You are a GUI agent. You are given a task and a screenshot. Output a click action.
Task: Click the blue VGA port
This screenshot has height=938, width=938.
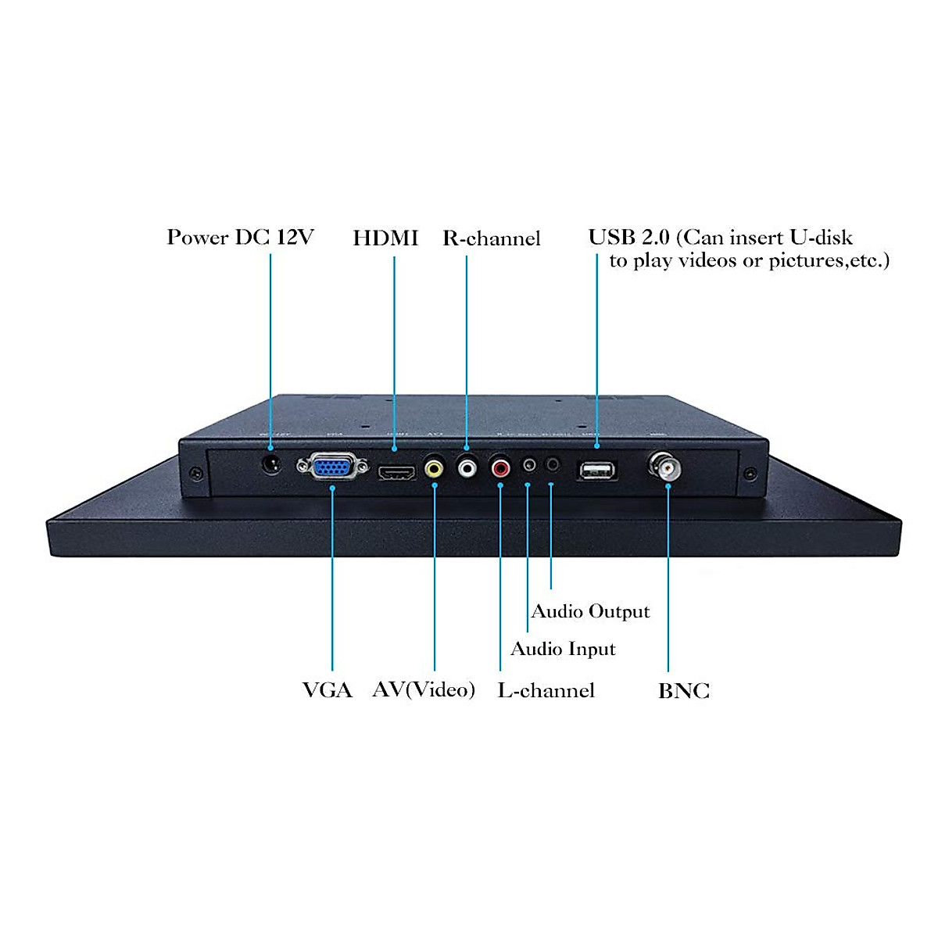point(331,467)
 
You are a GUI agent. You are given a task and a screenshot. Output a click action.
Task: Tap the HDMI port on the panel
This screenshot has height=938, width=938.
point(397,472)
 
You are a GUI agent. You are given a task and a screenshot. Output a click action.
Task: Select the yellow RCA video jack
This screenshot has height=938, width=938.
point(435,469)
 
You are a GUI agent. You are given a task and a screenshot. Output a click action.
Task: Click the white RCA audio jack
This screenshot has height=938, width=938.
point(467,468)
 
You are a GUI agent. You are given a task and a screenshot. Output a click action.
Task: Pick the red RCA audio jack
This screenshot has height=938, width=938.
point(500,468)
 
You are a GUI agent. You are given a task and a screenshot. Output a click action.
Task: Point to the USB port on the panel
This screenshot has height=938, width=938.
point(597,470)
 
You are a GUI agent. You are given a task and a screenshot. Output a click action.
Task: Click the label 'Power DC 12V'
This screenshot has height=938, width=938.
point(240,238)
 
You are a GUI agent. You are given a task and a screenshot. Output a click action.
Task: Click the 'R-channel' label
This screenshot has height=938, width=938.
point(492,238)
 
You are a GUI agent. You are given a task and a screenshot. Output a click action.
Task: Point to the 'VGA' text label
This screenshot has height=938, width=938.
point(328,690)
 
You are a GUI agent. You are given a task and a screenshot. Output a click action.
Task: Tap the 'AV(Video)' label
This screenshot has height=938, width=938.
point(424,689)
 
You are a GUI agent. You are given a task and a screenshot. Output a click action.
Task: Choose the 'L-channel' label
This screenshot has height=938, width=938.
point(546,690)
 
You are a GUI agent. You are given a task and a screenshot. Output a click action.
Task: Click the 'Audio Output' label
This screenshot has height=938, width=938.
point(590,611)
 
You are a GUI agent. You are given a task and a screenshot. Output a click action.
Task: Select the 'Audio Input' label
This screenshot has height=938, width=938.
point(563,649)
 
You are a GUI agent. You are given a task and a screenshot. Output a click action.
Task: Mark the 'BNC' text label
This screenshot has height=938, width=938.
point(684,691)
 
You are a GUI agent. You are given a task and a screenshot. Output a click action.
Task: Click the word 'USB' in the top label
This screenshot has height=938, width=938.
point(611,238)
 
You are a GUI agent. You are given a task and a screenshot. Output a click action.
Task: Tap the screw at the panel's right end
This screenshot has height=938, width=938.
point(750,474)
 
